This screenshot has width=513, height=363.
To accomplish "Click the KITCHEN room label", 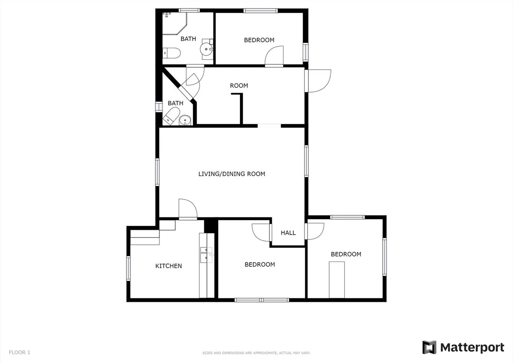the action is (168, 266).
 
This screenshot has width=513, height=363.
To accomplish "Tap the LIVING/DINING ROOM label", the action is (232, 174).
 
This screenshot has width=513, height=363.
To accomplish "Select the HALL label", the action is (288, 233).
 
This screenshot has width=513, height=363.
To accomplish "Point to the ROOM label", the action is (239, 86).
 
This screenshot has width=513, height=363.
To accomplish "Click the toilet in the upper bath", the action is (171, 53).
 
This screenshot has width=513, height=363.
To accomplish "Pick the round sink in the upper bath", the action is (206, 49).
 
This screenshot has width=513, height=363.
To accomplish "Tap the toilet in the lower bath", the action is (171, 117).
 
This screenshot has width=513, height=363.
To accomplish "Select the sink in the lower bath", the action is (185, 120).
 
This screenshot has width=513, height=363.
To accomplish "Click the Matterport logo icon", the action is (429, 348).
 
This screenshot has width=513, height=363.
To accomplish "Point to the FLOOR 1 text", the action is (20, 352).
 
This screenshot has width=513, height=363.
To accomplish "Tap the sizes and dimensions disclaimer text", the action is (256, 353).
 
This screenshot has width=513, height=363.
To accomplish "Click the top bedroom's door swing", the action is (274, 56).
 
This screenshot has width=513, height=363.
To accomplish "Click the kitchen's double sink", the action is (206, 254).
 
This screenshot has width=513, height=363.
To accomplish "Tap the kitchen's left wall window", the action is (129, 268).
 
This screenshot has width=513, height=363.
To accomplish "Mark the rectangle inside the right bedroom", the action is (337, 280).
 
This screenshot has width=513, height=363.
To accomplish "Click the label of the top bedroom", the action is (259, 40).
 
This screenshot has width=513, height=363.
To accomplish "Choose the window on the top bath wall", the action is (189, 10).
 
